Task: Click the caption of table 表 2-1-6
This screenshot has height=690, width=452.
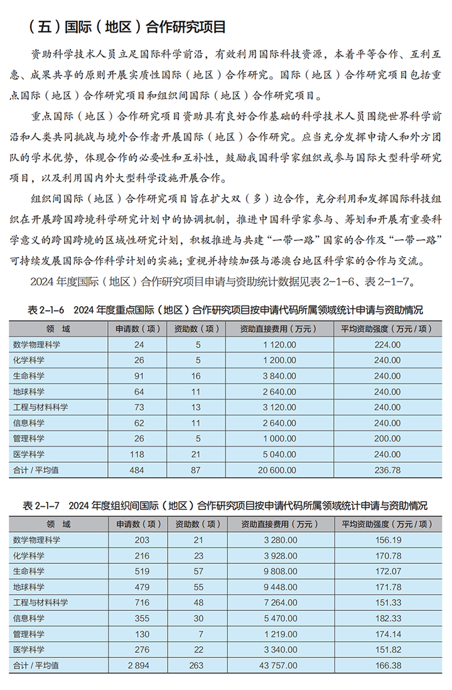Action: point(225,310)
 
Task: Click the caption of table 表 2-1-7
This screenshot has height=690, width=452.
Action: point(225,505)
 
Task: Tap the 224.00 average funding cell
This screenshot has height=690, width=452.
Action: point(387,344)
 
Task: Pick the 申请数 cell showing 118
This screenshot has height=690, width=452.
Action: point(139,454)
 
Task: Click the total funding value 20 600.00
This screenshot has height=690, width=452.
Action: point(277,470)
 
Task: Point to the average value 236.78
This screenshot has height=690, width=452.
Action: point(387,470)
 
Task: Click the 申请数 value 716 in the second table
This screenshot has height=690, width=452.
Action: point(141,602)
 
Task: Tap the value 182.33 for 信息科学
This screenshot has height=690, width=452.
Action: point(387,618)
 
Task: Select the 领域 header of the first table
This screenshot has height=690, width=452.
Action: point(58,328)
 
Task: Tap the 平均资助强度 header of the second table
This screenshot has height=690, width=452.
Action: point(387,523)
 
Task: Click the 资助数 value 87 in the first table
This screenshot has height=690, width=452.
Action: point(196,470)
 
